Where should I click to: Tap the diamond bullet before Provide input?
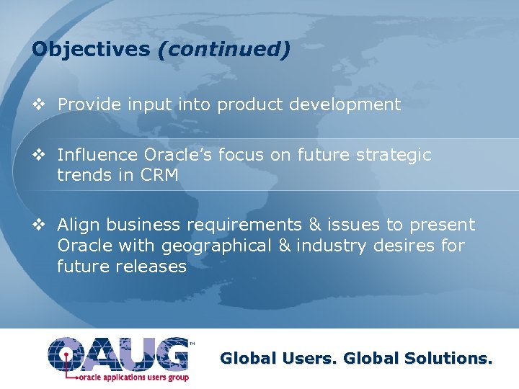40,105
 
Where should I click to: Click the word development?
345,105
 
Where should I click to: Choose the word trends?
85,175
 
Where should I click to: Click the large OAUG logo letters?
119,353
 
